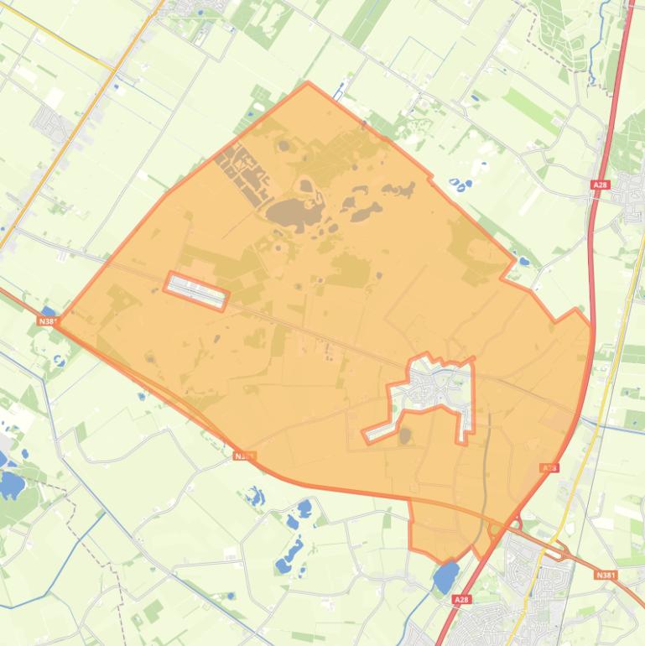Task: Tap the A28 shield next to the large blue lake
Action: pyautogui.click(x=461, y=601)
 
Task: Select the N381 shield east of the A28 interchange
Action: pyautogui.click(x=605, y=575)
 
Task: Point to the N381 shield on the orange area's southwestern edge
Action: pyautogui.click(x=244, y=456)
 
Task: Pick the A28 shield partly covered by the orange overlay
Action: pyautogui.click(x=549, y=468)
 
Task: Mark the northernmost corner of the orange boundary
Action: pyautogui.click(x=309, y=83)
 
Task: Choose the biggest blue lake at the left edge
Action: pyautogui.click(x=12, y=484)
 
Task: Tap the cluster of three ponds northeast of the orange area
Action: pyautogui.click(x=460, y=182)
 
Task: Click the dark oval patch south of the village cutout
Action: pyautogui.click(x=405, y=435)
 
